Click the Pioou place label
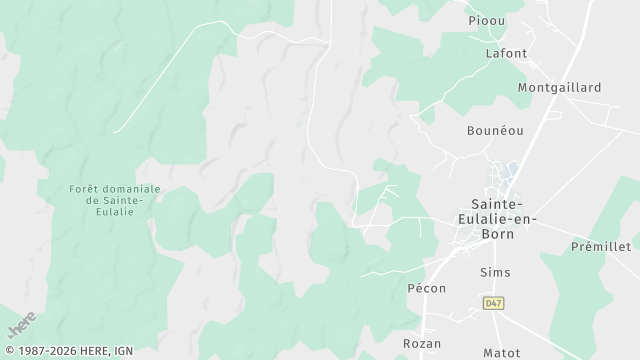point(487,20)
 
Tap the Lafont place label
point(505,53)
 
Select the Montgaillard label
point(559,88)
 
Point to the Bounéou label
point(495,131)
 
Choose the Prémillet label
point(600,246)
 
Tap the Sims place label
point(495,272)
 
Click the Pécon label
point(425,288)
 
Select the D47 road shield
point(493,303)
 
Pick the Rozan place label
point(422,343)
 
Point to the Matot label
point(501,353)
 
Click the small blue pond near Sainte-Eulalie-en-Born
point(511,170)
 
